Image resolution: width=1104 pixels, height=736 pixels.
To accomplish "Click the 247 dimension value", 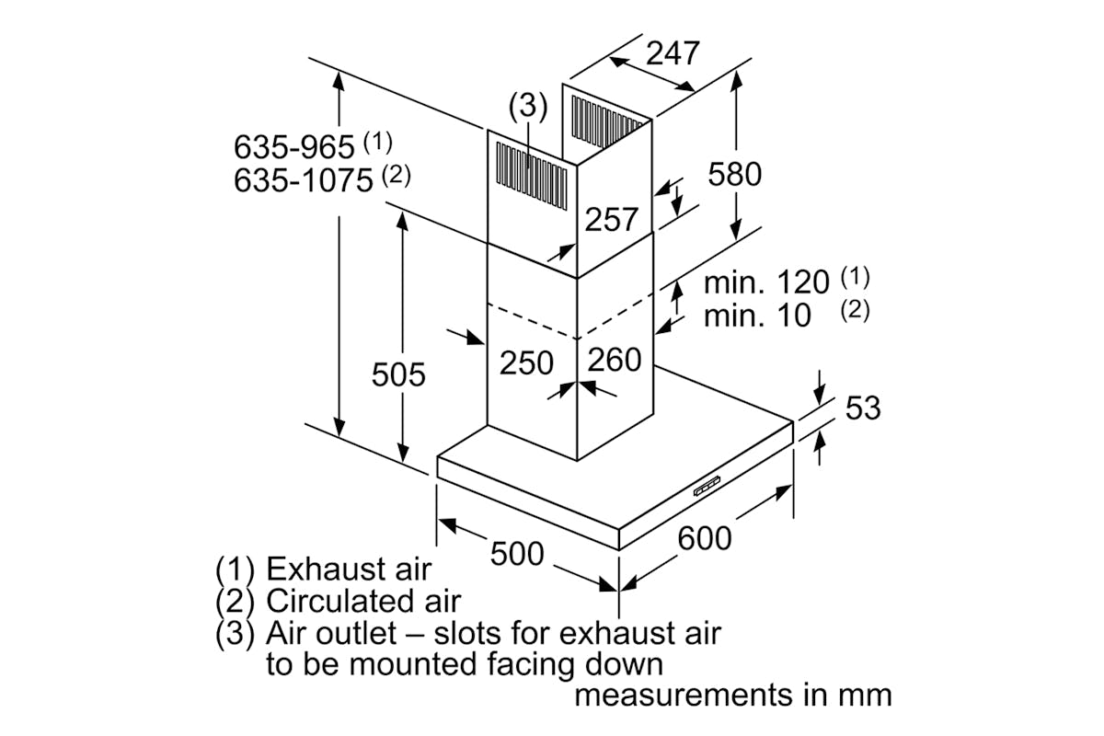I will [x=672, y=53].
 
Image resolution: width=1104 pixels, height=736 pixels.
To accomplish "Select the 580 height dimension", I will [x=735, y=173].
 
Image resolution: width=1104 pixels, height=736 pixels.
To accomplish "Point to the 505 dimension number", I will [x=398, y=374].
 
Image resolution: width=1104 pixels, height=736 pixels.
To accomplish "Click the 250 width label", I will [x=527, y=362].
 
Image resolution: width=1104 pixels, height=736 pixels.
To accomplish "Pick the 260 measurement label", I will [x=614, y=360].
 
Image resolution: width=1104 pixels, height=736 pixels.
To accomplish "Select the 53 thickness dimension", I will [x=862, y=408].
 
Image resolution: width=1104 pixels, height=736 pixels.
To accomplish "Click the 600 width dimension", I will [x=705, y=538].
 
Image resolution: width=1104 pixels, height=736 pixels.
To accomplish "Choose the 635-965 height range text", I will [x=293, y=147].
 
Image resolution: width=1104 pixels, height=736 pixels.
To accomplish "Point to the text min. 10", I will [x=757, y=316].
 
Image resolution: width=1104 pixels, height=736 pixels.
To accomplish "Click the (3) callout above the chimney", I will [x=528, y=107].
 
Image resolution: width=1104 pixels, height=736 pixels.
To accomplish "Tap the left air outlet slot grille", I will [x=529, y=169].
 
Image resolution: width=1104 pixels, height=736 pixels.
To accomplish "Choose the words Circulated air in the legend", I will [x=362, y=602].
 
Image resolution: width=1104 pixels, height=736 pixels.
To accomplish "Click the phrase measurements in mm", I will [x=732, y=695].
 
